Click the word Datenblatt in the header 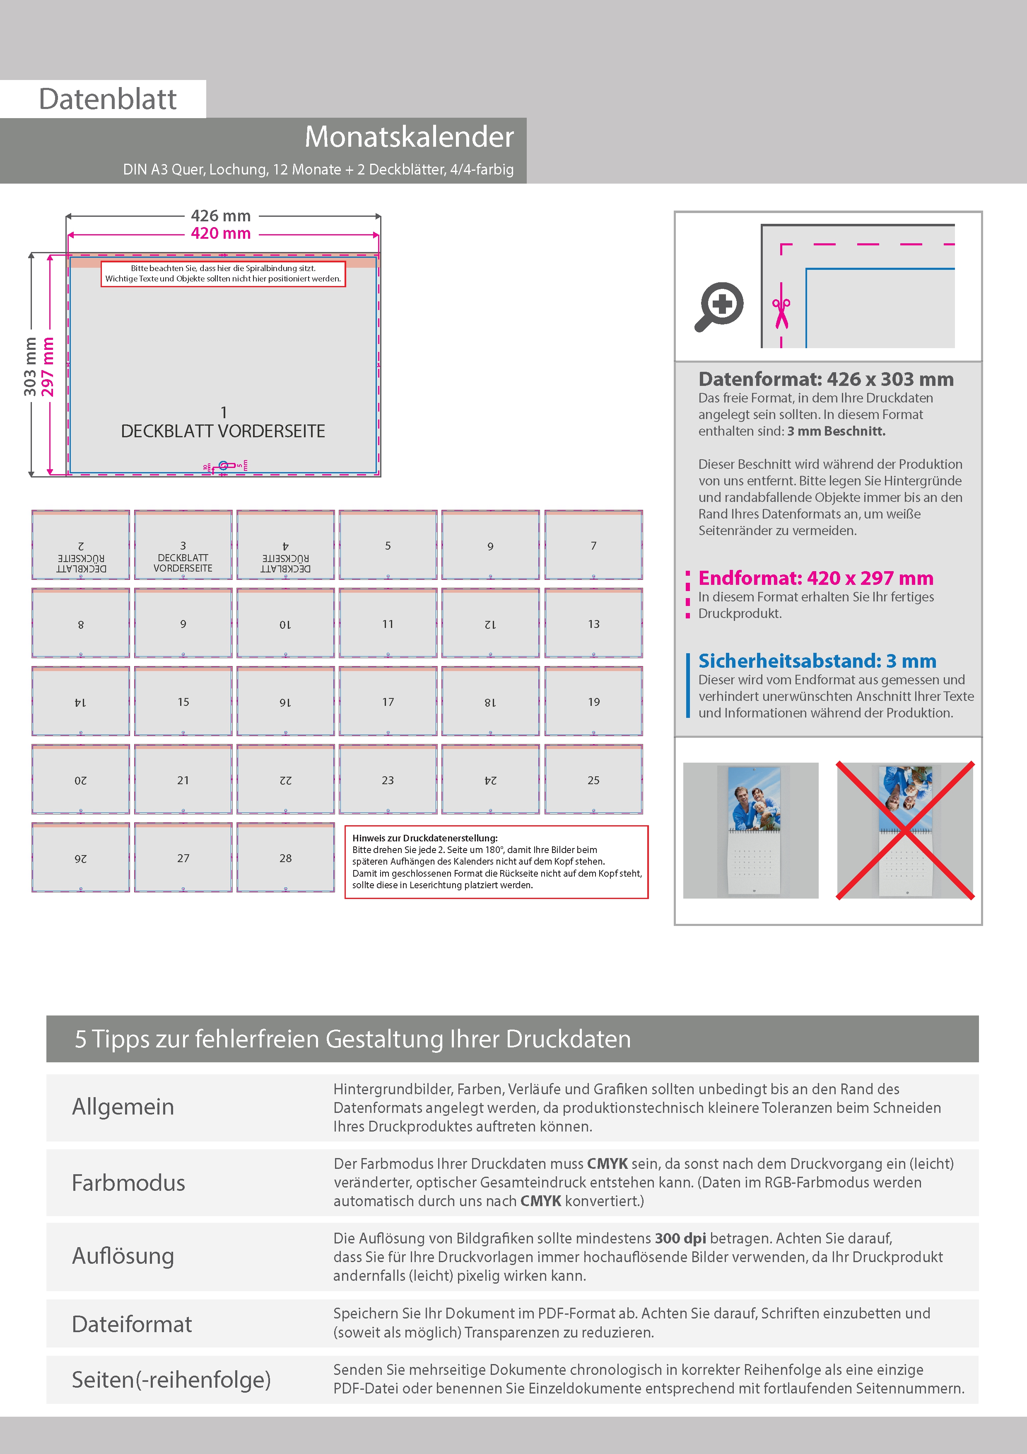click(x=108, y=99)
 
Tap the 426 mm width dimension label click(x=221, y=216)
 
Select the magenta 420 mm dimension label click(x=221, y=234)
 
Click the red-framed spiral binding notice click(x=223, y=274)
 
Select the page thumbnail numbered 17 click(x=388, y=701)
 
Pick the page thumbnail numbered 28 click(x=285, y=858)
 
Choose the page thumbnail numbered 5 click(x=388, y=545)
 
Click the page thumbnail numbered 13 click(x=593, y=623)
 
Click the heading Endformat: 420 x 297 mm click(x=816, y=578)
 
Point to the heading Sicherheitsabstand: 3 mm click(x=817, y=661)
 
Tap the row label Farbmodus click(x=128, y=1183)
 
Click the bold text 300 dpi click(x=680, y=1238)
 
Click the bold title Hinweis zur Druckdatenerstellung click(x=424, y=838)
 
